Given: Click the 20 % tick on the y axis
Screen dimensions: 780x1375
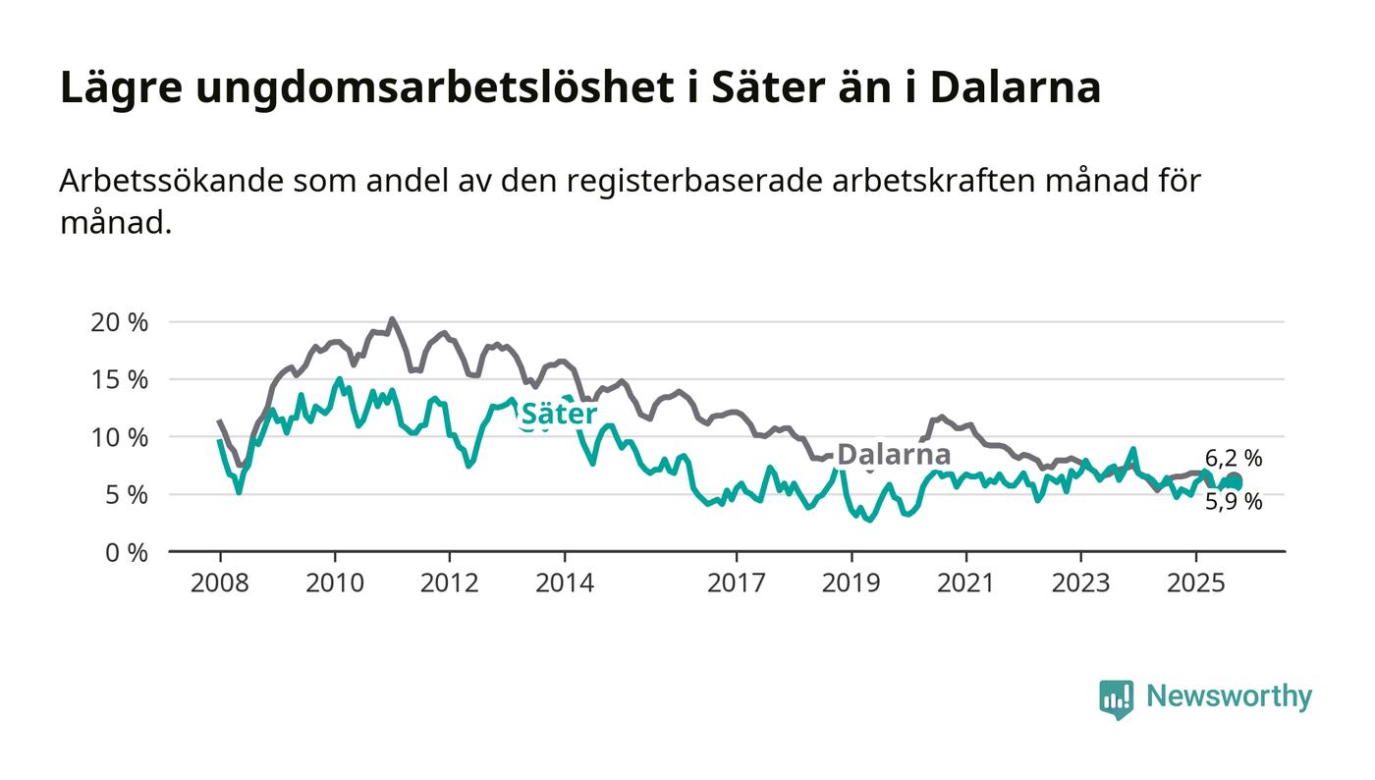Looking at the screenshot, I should click(120, 322).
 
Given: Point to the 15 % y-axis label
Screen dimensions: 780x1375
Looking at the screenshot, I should click(120, 379).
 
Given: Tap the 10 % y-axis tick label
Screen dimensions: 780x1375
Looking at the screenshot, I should click(120, 437).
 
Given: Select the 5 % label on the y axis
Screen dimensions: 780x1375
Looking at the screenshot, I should click(127, 495).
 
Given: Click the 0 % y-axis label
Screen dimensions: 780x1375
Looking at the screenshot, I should click(127, 553).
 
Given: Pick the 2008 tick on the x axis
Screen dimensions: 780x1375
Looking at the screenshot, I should click(219, 583).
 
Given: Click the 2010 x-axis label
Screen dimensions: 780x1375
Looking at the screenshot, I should click(334, 583).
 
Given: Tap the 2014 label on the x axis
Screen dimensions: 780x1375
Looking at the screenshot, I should click(564, 583).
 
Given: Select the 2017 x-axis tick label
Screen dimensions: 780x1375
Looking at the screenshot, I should click(737, 583).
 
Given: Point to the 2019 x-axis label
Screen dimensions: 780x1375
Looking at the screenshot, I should click(852, 583).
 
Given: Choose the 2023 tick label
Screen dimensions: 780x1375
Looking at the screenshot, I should click(1081, 583).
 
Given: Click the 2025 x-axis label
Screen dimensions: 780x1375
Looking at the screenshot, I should click(1196, 583).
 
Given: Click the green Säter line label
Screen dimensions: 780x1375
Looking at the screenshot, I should click(558, 415).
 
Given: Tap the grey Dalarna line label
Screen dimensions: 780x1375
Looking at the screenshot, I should click(894, 455).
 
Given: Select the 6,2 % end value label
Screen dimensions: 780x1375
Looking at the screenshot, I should click(1234, 458).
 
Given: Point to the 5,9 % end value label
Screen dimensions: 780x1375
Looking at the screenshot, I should click(1234, 502).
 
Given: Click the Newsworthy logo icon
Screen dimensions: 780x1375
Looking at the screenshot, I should click(1116, 698).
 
